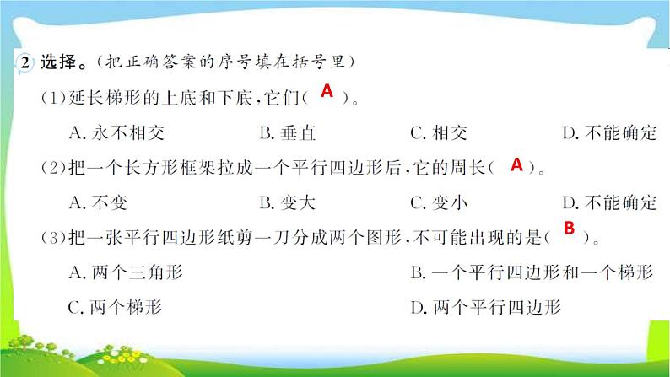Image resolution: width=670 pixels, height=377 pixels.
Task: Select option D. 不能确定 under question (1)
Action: [x=608, y=132]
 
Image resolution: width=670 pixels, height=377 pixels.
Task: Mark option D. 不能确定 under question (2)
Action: [x=608, y=202]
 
